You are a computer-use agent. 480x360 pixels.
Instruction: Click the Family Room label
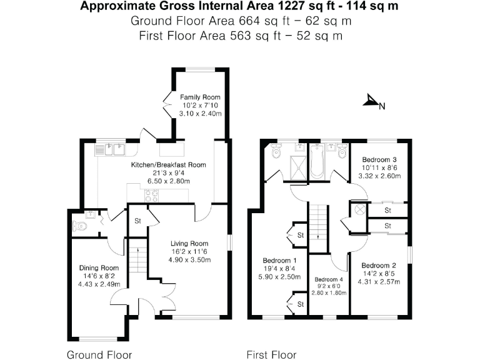[x=200, y=97]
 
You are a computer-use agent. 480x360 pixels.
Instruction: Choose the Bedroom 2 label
[x=380, y=264]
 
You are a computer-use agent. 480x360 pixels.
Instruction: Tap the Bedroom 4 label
[x=329, y=279]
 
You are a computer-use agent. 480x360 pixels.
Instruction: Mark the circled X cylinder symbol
[x=359, y=211]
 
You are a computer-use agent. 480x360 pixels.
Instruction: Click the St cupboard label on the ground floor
[x=137, y=221]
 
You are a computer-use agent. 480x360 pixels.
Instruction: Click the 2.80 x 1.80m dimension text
[x=329, y=292]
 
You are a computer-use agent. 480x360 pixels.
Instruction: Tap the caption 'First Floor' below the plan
[x=271, y=355]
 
